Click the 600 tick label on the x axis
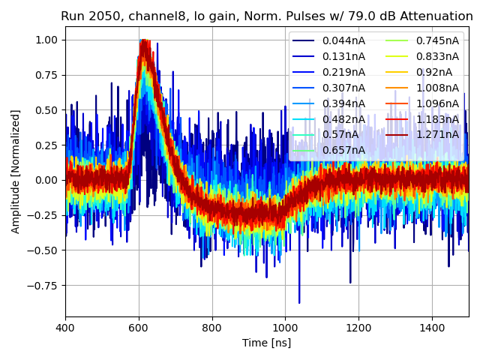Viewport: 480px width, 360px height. coord(139,328)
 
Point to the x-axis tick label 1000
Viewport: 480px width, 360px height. coord(285,328)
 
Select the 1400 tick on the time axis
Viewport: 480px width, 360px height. coord(432,328)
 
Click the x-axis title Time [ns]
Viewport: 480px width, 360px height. coord(266,343)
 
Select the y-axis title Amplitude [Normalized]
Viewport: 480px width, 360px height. coord(16,171)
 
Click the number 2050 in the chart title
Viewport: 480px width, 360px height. coord(102,16)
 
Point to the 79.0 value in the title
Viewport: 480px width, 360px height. coord(364,16)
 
